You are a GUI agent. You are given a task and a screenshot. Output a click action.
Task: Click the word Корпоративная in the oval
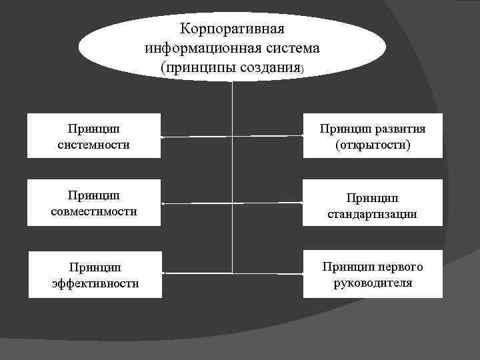(x=232, y=30)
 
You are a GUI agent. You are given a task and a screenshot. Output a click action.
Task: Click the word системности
(x=93, y=144)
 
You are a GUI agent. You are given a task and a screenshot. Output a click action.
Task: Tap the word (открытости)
(x=373, y=144)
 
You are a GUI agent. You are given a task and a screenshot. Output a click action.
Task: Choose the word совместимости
(x=94, y=211)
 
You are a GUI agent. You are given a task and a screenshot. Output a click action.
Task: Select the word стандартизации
(x=373, y=215)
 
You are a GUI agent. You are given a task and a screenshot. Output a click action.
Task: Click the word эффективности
(x=95, y=283)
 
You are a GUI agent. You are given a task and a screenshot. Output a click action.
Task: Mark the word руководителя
(x=373, y=283)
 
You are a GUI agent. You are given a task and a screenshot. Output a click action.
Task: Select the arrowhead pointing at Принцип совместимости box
(x=164, y=203)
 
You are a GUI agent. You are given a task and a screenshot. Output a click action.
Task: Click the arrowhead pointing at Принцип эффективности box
(x=164, y=273)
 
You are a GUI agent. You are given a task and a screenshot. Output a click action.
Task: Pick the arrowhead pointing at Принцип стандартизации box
(x=301, y=203)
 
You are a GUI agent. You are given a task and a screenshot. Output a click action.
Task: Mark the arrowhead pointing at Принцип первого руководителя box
(x=301, y=273)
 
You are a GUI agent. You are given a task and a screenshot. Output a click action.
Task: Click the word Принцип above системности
(x=94, y=128)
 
